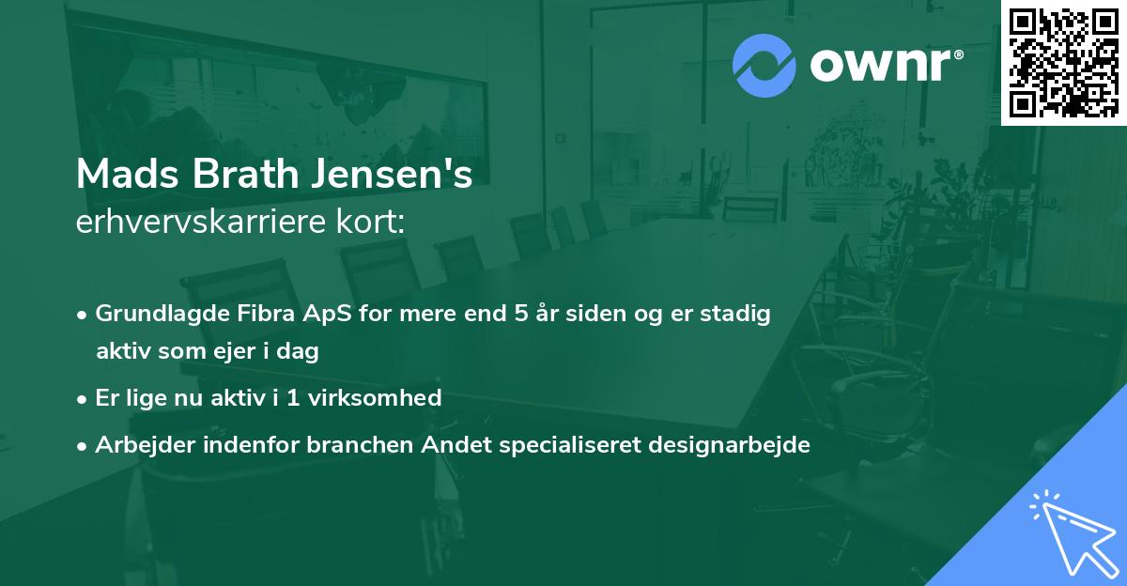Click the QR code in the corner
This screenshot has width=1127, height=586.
click(1064, 62)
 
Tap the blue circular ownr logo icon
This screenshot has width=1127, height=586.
click(764, 66)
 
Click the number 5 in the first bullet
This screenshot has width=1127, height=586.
click(520, 314)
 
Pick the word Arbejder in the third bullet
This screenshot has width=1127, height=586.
click(140, 445)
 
